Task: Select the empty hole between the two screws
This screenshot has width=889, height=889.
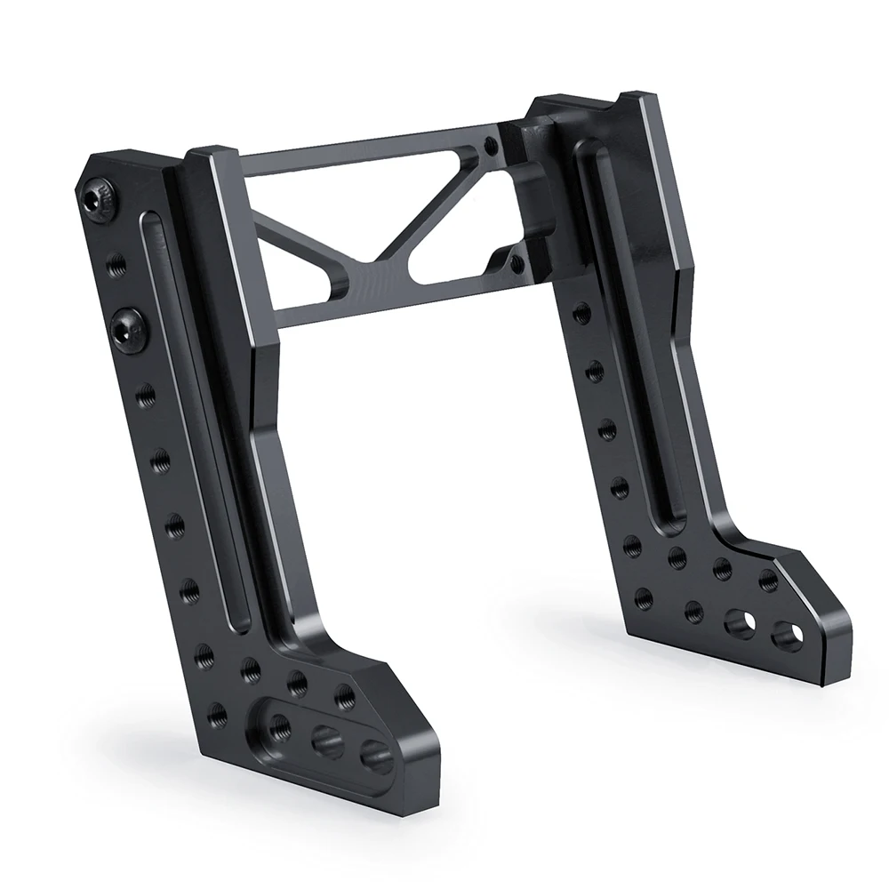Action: [x=112, y=263]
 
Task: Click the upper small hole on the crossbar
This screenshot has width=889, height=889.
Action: [x=489, y=145]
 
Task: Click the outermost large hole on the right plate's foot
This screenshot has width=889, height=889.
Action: [x=785, y=636]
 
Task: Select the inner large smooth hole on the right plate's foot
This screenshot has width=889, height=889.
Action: [x=738, y=622]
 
